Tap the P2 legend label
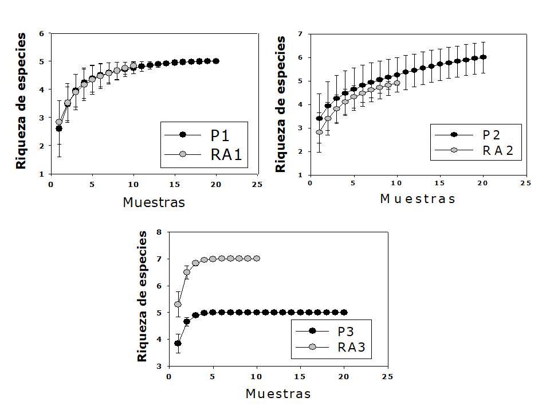(x=491, y=135)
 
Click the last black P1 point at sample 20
(x=216, y=61)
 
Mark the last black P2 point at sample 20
(x=483, y=57)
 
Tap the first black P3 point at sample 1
(x=178, y=343)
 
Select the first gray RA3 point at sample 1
(x=178, y=304)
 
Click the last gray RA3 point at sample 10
(x=256, y=259)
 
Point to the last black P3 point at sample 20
(x=344, y=312)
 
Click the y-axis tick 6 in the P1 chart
(x=41, y=33)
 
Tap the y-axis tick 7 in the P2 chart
(x=300, y=34)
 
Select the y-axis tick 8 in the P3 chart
(x=159, y=232)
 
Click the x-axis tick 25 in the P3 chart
(x=387, y=377)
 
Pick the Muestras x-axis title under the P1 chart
(x=154, y=202)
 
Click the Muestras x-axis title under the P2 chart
(x=418, y=199)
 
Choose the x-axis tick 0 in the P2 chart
(x=310, y=184)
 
